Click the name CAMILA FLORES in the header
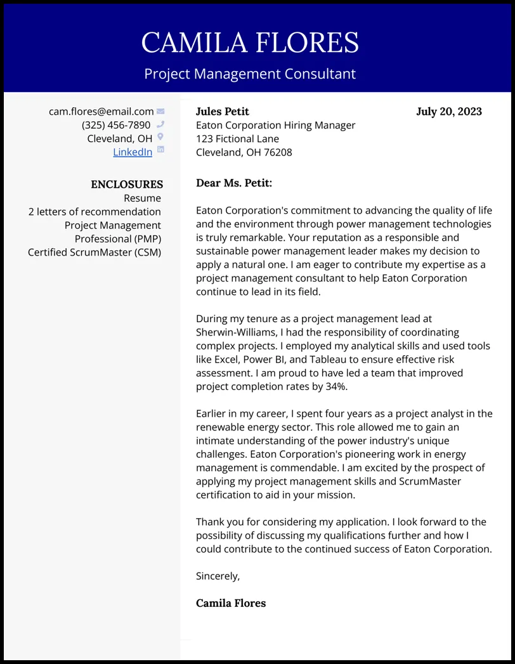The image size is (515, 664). coord(250,43)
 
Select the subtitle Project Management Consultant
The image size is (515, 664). coord(250,74)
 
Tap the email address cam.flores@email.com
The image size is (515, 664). coord(101,112)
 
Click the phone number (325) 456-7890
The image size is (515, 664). coord(116,125)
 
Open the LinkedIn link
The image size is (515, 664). coord(133,152)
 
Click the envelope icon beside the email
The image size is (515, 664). coord(160,112)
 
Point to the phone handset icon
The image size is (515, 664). coord(160,124)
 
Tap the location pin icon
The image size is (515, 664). coord(160,137)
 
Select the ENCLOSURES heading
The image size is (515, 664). coord(127,185)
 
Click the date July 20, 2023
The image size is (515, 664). coord(448,112)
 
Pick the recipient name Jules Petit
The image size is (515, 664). coord(222,112)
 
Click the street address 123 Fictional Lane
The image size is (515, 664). coord(237,139)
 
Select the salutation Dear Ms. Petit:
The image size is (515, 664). coord(233,183)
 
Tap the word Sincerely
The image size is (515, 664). coord(218,576)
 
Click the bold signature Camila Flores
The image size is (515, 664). coord(231,603)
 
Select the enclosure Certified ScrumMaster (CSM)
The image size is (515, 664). coord(95,252)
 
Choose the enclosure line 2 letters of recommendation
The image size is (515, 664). coord(95,212)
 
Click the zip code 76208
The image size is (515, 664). coord(278,152)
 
